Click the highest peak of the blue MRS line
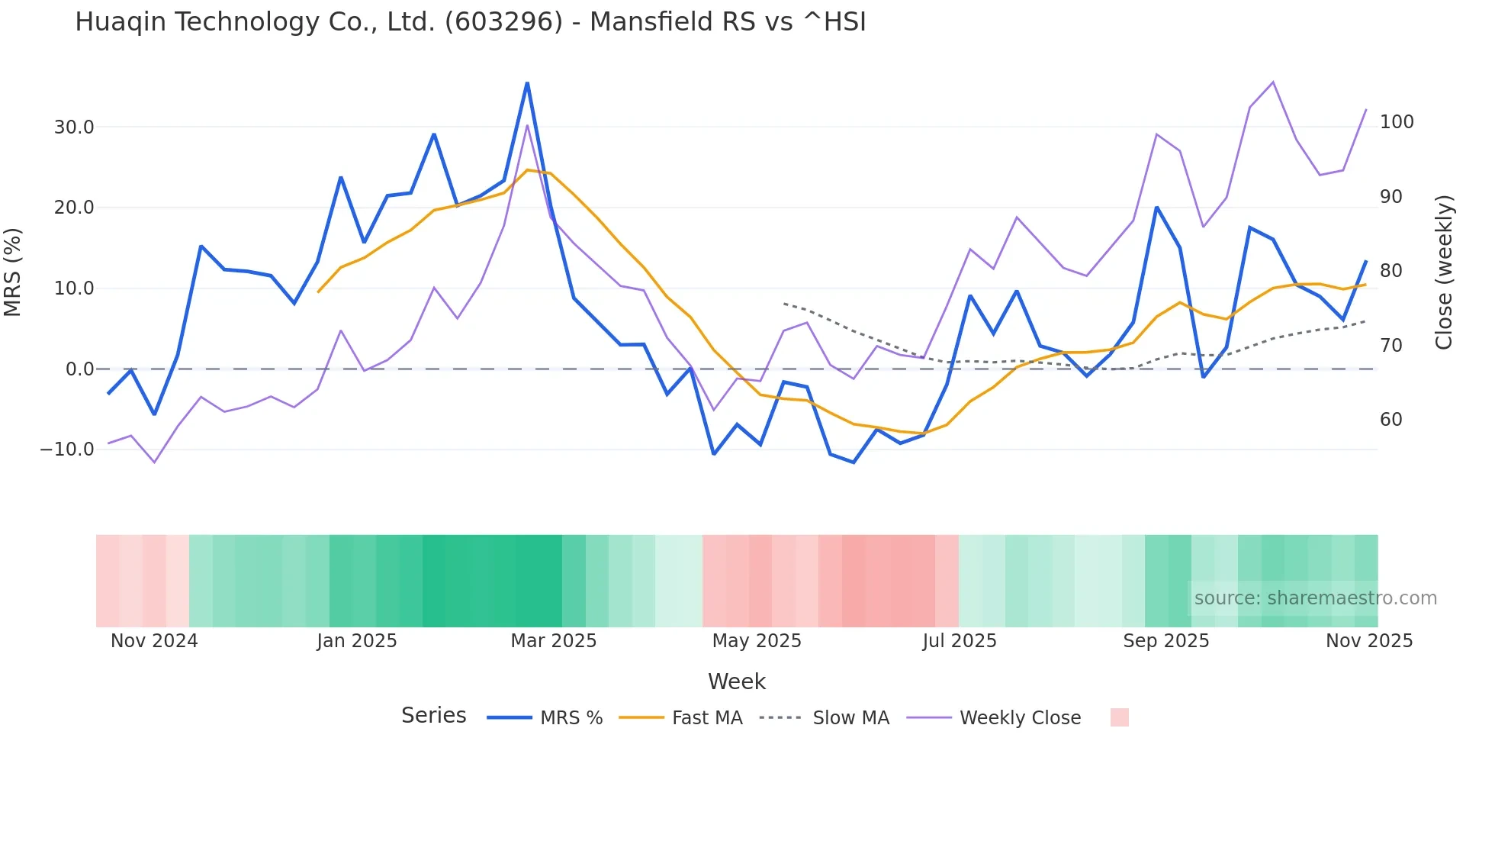(527, 83)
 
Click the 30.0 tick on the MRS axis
(74, 127)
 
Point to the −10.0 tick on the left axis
(67, 449)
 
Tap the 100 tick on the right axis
(1397, 122)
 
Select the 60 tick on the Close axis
(1391, 420)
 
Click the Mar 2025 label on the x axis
(553, 641)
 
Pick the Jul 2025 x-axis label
(959, 641)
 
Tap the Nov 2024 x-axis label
(154, 641)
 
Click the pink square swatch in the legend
(1119, 717)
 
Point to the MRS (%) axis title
(13, 272)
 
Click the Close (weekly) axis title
(1444, 272)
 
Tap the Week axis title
(736, 681)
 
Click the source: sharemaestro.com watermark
(1315, 598)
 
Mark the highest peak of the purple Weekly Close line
(1272, 82)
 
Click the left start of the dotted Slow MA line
(784, 304)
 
